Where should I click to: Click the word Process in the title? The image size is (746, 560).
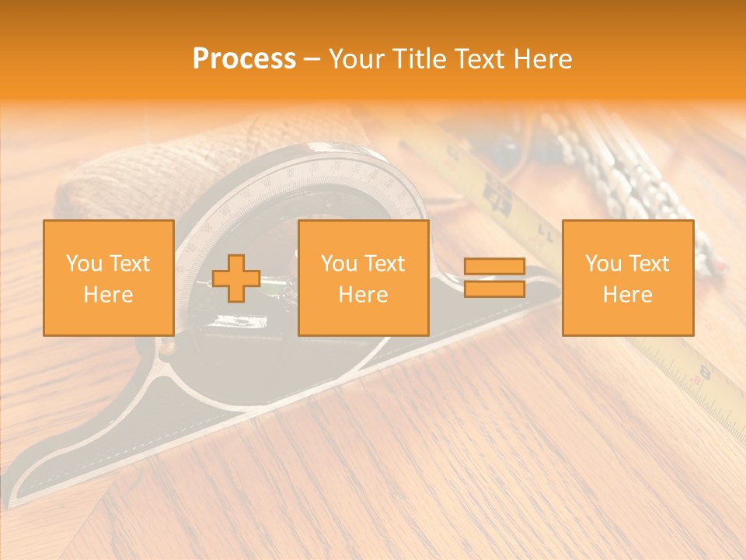tap(244, 59)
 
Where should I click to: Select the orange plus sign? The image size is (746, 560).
tap(236, 278)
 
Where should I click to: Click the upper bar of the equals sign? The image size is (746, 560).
tap(494, 267)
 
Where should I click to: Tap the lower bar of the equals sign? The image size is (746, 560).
tap(494, 289)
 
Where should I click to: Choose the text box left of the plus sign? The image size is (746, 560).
tap(109, 278)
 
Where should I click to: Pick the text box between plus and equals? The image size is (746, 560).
tap(364, 278)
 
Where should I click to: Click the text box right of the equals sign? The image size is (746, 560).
tap(628, 278)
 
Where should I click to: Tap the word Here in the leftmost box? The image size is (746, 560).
tap(109, 295)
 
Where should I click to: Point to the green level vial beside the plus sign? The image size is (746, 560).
tap(274, 292)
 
